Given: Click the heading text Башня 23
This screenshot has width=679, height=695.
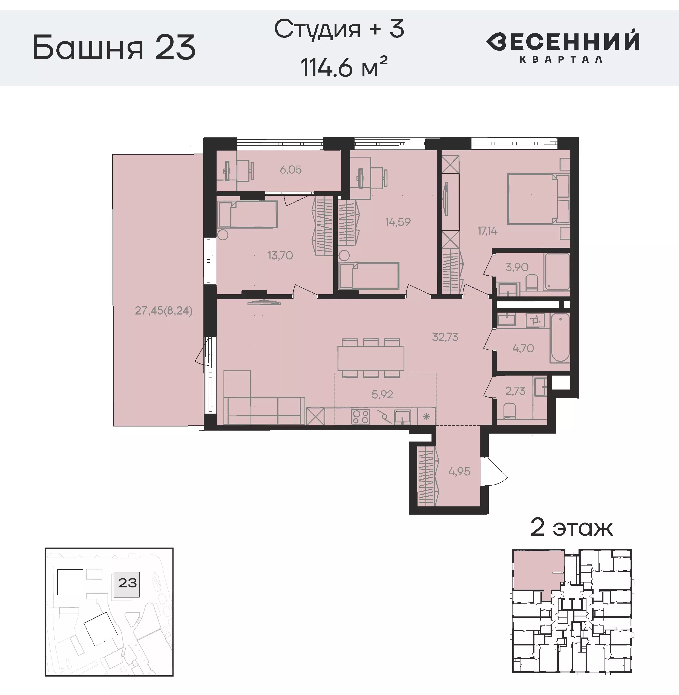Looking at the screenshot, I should click(x=114, y=47).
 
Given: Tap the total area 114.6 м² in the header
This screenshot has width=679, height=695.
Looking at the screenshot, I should click(x=344, y=67).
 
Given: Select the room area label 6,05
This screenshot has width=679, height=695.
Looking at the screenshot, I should click(x=291, y=170).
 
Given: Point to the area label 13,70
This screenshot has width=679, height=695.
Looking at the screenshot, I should click(x=280, y=255).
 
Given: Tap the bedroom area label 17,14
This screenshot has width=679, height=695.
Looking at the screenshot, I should click(x=488, y=231).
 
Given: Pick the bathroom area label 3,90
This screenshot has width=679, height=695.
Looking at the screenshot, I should click(x=517, y=267).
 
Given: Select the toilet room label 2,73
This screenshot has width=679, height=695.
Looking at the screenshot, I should click(x=515, y=391).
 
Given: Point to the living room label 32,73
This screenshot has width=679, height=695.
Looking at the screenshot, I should click(x=445, y=337).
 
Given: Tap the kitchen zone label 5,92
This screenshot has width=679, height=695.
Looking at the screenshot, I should click(x=382, y=394).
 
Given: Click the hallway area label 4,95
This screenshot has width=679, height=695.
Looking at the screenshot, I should click(x=459, y=471).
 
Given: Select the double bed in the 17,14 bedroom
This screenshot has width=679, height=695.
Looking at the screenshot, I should click(x=533, y=199).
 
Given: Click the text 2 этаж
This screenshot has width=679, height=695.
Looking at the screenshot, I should click(x=571, y=528).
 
